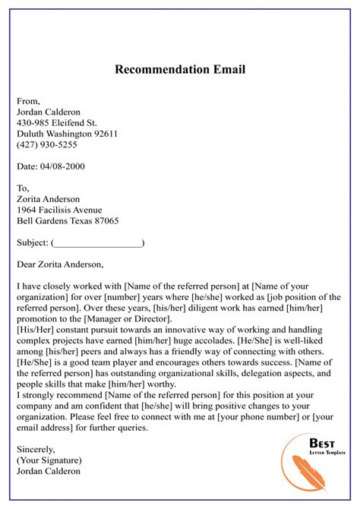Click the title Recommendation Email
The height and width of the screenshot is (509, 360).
pyautogui.click(x=180, y=70)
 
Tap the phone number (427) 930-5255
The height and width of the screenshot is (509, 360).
pyautogui.click(x=46, y=144)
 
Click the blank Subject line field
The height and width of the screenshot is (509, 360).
pyautogui.click(x=97, y=243)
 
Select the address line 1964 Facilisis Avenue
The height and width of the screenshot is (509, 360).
pyautogui.click(x=58, y=210)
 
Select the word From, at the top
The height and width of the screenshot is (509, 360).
pyautogui.click(x=28, y=100)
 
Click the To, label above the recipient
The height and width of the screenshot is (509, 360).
pyautogui.click(x=23, y=188)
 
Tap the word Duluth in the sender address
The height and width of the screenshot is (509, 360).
pyautogui.click(x=32, y=134)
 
